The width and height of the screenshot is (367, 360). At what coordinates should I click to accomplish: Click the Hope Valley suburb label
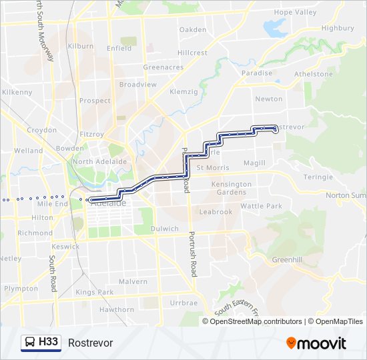coord(295,13)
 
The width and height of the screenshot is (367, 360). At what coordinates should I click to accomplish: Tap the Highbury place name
coord(337,29)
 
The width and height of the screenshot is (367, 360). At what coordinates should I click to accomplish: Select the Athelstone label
coord(313,74)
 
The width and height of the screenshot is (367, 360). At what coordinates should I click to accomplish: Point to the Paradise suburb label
coord(257,73)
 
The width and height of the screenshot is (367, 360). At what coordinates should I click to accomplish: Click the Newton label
coord(269,99)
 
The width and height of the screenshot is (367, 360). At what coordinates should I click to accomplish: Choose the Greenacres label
coord(163,67)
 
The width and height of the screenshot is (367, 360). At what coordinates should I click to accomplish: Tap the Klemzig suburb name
coord(184,91)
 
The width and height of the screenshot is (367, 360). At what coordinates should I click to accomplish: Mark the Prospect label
coord(95,101)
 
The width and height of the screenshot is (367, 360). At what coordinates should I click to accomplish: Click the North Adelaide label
coord(99,161)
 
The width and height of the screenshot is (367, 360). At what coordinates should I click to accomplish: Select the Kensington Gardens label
coord(232,188)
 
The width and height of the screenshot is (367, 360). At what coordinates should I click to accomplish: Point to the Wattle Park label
coord(261,207)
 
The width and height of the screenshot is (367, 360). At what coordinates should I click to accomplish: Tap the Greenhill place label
coord(288,260)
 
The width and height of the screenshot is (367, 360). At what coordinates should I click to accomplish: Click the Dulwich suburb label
coord(165,229)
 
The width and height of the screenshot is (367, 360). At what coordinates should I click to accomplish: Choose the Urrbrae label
coord(183,303)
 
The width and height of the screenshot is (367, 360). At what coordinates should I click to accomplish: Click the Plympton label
coord(21,289)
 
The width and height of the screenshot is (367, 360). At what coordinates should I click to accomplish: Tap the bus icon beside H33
coord(30,343)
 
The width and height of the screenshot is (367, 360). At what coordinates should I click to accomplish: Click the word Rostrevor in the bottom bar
coord(90,343)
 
